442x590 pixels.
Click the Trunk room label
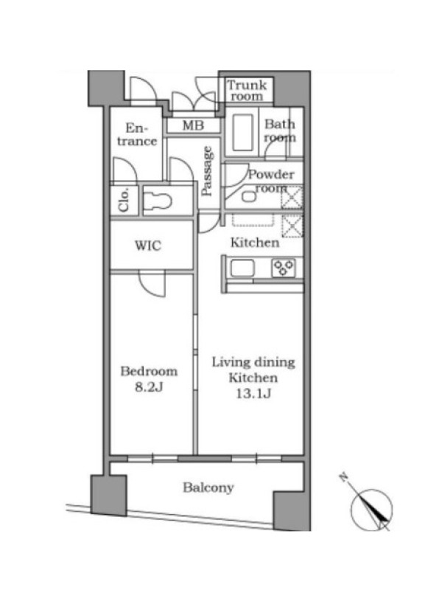[x=247, y=91]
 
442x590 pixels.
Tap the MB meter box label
[x=193, y=125]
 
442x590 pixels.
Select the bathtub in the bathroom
[x=242, y=133]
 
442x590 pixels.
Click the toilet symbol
[x=158, y=201]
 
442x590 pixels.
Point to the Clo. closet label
[x=124, y=200]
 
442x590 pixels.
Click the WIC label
[x=148, y=246]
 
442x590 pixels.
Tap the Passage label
[x=207, y=172]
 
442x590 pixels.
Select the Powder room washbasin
[x=247, y=197]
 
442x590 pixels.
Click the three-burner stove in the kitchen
[x=284, y=268]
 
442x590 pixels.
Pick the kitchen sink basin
[x=242, y=268]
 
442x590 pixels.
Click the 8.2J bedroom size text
[x=149, y=387]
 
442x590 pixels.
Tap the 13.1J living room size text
[x=253, y=394]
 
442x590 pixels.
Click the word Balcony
[x=208, y=488]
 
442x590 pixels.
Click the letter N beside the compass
[x=343, y=477]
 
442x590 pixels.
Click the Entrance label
[x=137, y=135]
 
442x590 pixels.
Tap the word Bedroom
[x=149, y=372]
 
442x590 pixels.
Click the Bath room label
[x=280, y=131]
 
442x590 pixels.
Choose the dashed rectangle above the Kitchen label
[x=253, y=220]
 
